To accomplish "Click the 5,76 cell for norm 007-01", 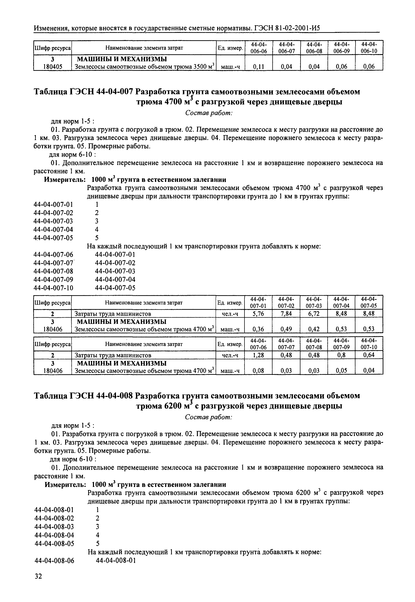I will pos(258,314).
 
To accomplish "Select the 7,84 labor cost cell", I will pos(286,314).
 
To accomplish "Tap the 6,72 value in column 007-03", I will pos(314,314).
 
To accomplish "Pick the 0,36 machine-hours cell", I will pos(258,329).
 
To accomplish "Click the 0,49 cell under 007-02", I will pos(286,329).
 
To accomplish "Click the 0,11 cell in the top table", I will pos(258,67).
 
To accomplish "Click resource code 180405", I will pos(53,67).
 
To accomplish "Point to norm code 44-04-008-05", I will pos(54,543).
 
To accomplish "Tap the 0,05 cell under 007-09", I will pos(341,371).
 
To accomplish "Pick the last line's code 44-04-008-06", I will pos(54,561).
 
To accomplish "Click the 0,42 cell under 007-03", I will pos(314,329).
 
